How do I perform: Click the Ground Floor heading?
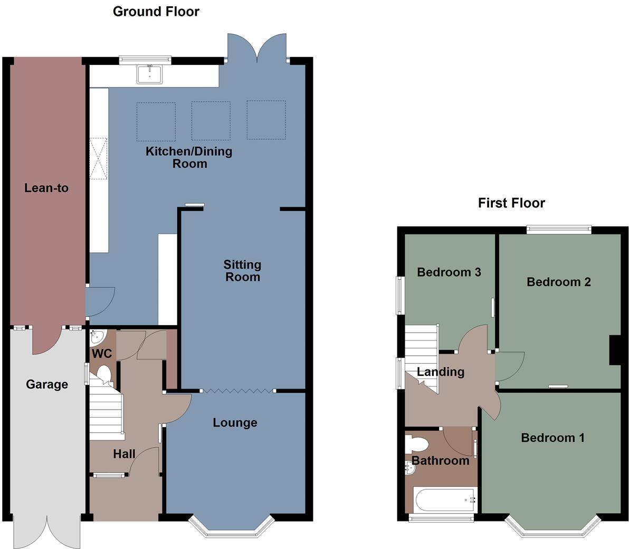(156, 11)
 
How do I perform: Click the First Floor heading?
(511, 203)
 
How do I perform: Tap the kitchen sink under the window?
(150, 74)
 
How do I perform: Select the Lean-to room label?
(46, 188)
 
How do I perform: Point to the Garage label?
(47, 384)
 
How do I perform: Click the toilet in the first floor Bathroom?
(415, 442)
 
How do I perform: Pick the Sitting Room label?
(242, 270)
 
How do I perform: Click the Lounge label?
(235, 422)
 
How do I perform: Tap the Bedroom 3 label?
(449, 272)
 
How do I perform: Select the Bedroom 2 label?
(558, 282)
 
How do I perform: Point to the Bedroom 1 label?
(552, 438)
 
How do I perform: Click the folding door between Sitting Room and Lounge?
(238, 391)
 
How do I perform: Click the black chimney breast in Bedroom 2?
(615, 350)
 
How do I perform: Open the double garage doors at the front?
(47, 531)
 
